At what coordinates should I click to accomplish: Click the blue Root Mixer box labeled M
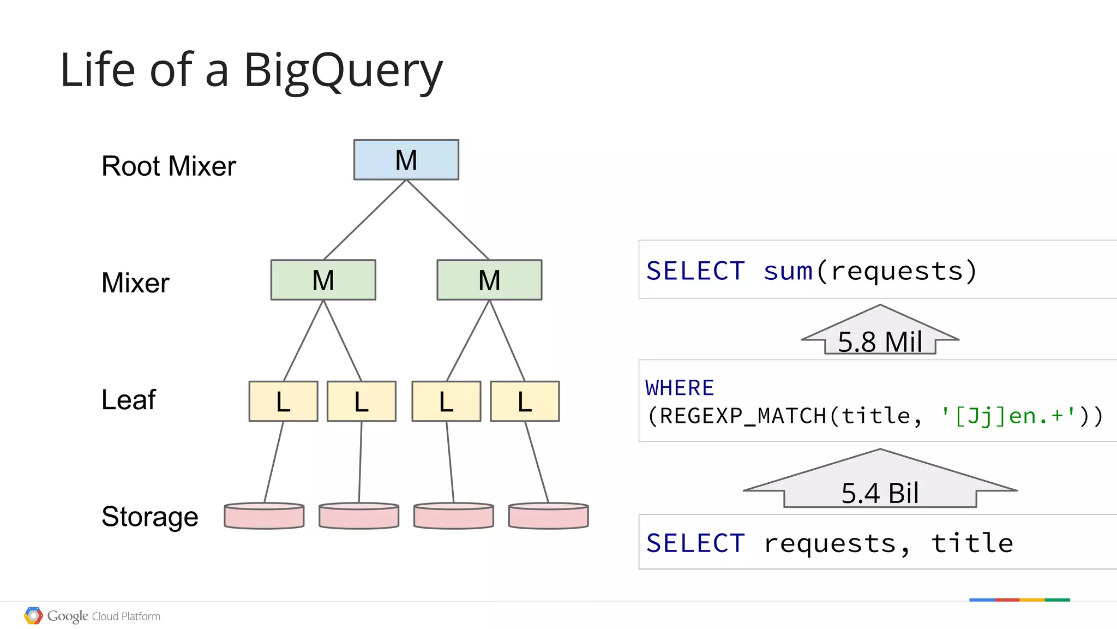tap(406, 160)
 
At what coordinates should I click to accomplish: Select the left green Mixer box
tap(323, 280)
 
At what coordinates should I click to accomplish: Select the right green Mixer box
tap(489, 280)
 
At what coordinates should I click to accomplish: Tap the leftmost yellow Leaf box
tap(283, 402)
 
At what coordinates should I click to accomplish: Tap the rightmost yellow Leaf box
tap(525, 402)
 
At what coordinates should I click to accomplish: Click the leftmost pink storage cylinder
tap(264, 516)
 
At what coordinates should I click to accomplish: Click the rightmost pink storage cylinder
tap(548, 516)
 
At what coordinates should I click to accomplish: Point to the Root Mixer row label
tap(169, 166)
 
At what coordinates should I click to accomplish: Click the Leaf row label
tap(129, 399)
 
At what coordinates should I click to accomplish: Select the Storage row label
tap(150, 516)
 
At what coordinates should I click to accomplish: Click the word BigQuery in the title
tap(343, 71)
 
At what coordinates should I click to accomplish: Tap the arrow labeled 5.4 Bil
tap(880, 483)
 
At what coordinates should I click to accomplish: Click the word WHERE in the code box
tap(680, 388)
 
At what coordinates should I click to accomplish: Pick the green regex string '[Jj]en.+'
tap(1008, 416)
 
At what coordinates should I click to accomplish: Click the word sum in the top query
tap(788, 271)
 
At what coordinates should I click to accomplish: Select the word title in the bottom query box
tap(972, 543)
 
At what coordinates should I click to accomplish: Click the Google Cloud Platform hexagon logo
tap(33, 616)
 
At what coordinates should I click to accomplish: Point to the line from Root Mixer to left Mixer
tap(365, 220)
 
